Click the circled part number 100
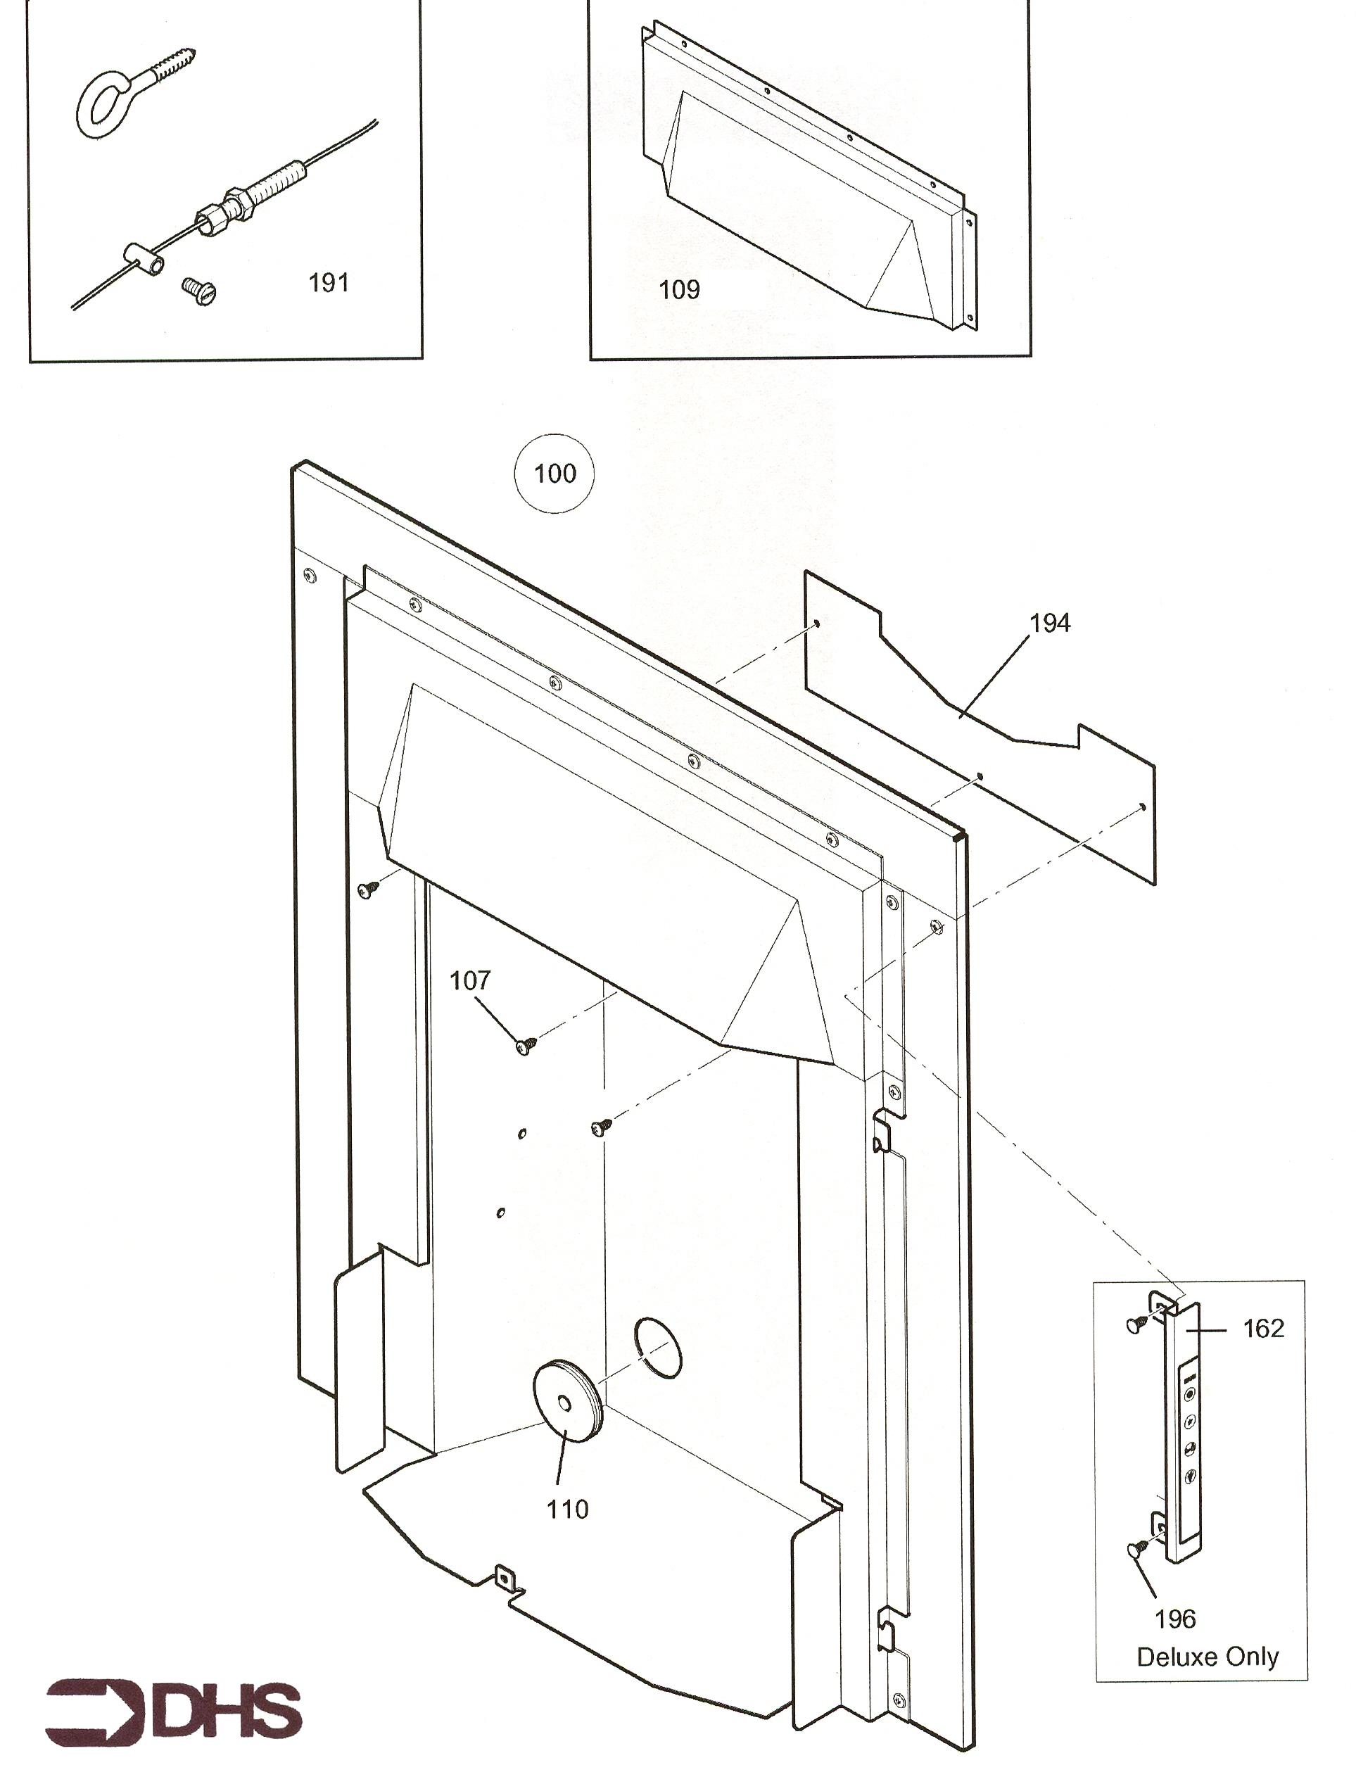point(555,473)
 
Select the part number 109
point(680,290)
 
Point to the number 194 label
point(1049,624)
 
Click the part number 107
point(470,981)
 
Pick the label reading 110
point(567,1510)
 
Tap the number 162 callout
point(1263,1329)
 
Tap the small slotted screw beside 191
point(199,291)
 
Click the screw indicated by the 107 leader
point(526,1046)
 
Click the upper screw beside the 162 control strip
point(1137,1324)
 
